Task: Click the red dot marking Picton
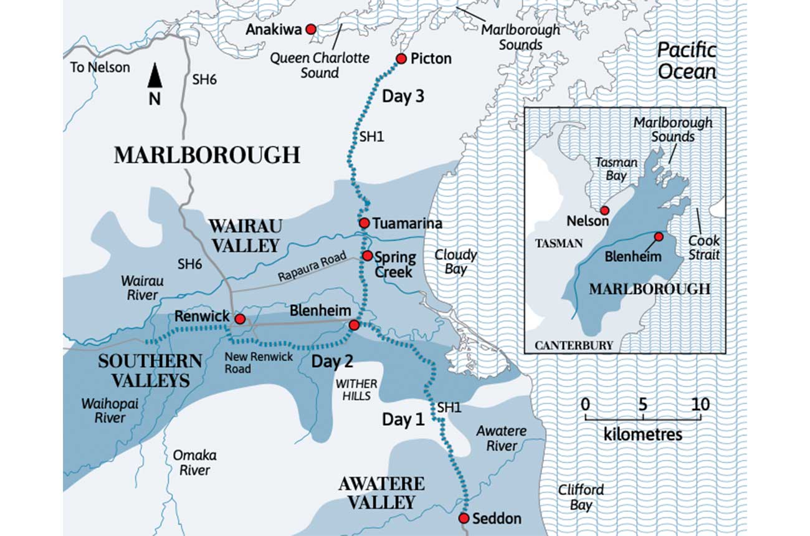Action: coord(401,59)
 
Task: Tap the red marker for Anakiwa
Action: coord(310,29)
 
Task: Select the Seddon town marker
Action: coord(464,518)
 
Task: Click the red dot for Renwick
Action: coord(239,318)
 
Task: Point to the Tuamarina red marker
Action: coord(364,223)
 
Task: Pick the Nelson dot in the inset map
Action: coord(603,211)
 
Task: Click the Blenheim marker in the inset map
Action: coord(659,236)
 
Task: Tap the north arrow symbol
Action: coord(155,77)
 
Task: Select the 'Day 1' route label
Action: coord(403,420)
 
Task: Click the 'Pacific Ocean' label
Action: coord(687,61)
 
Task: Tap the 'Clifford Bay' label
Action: coord(581,497)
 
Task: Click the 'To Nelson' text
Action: coord(100,67)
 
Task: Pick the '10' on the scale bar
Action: coord(700,404)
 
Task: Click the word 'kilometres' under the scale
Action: coord(643,434)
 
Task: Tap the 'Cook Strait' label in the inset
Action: coord(704,247)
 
